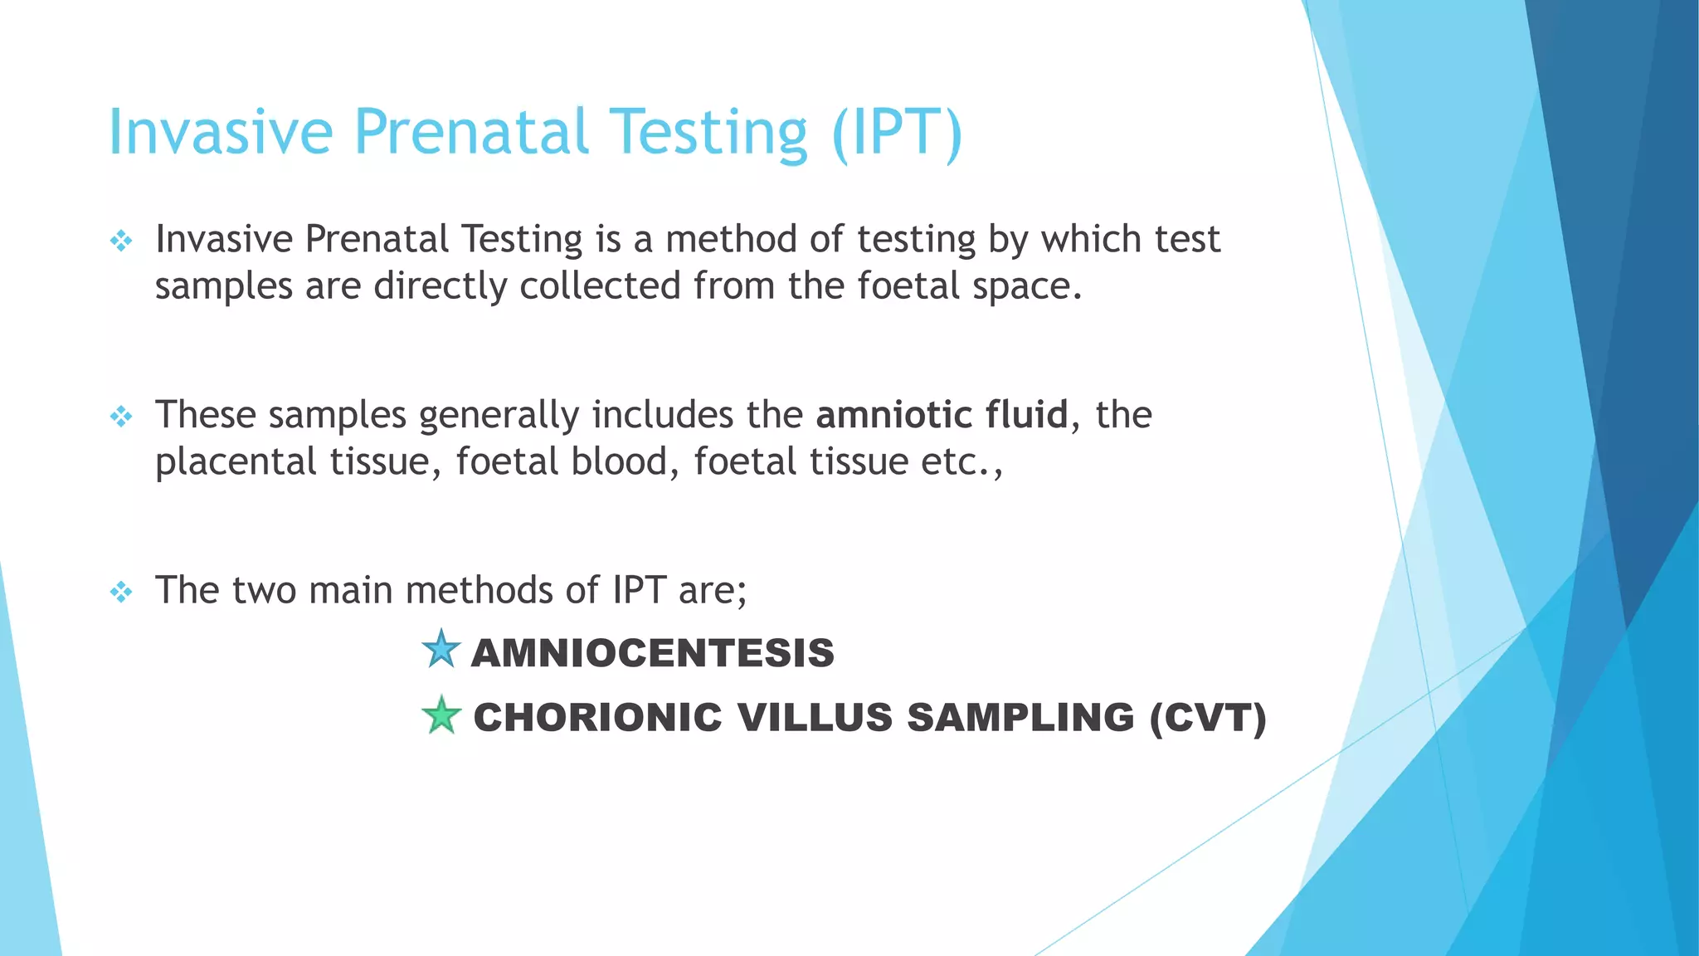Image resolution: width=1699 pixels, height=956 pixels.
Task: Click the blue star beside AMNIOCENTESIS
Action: (441, 650)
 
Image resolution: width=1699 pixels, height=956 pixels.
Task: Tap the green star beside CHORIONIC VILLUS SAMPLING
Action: (441, 715)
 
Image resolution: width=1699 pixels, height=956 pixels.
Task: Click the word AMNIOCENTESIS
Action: (652, 653)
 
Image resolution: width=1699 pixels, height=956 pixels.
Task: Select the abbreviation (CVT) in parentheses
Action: (1208, 718)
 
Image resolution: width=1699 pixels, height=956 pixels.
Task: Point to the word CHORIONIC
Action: (597, 718)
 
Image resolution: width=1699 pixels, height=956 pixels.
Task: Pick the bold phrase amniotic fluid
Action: (942, 414)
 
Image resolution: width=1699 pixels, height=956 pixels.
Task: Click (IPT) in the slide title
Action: (897, 133)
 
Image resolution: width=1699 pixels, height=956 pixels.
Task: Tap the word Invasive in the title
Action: (221, 133)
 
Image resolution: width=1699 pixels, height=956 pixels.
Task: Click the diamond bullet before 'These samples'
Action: (121, 416)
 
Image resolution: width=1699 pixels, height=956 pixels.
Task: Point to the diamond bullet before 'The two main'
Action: (121, 592)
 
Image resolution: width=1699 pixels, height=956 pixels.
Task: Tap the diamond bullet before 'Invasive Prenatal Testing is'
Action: (121, 241)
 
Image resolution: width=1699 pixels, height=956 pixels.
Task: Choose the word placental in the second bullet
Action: (235, 462)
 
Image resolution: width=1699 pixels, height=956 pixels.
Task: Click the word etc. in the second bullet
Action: (959, 462)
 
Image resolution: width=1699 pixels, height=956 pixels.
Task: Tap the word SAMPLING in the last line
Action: (1020, 718)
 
